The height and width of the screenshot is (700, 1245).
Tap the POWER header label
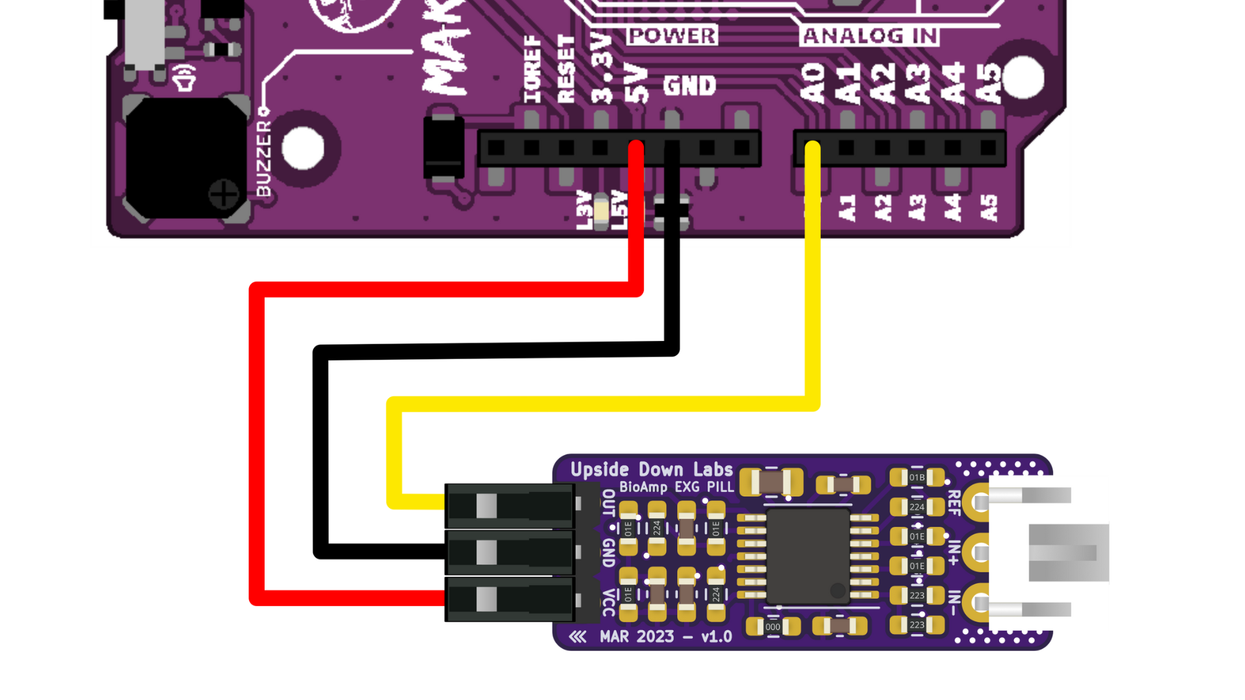(672, 36)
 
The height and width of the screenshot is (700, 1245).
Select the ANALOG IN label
(870, 36)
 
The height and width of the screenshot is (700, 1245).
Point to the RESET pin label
(566, 69)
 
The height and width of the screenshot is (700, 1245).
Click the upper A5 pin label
(988, 83)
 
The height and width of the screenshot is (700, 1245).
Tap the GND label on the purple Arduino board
(689, 86)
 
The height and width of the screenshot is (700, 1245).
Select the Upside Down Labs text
(651, 469)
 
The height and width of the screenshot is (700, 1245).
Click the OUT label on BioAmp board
(608, 504)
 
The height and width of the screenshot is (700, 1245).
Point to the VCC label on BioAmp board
(608, 603)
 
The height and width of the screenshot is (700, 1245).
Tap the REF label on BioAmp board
(954, 503)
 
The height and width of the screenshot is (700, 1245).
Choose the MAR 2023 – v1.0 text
(665, 636)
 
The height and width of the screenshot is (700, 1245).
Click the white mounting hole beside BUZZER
(303, 148)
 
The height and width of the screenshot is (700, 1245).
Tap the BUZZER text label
(263, 159)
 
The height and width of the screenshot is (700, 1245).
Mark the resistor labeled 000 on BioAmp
(773, 627)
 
